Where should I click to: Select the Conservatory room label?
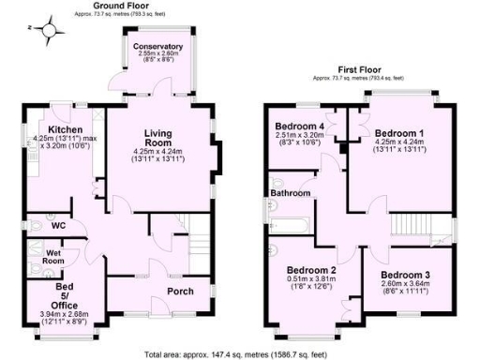[157, 46]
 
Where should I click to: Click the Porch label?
[180, 291]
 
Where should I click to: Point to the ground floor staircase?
[191, 240]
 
